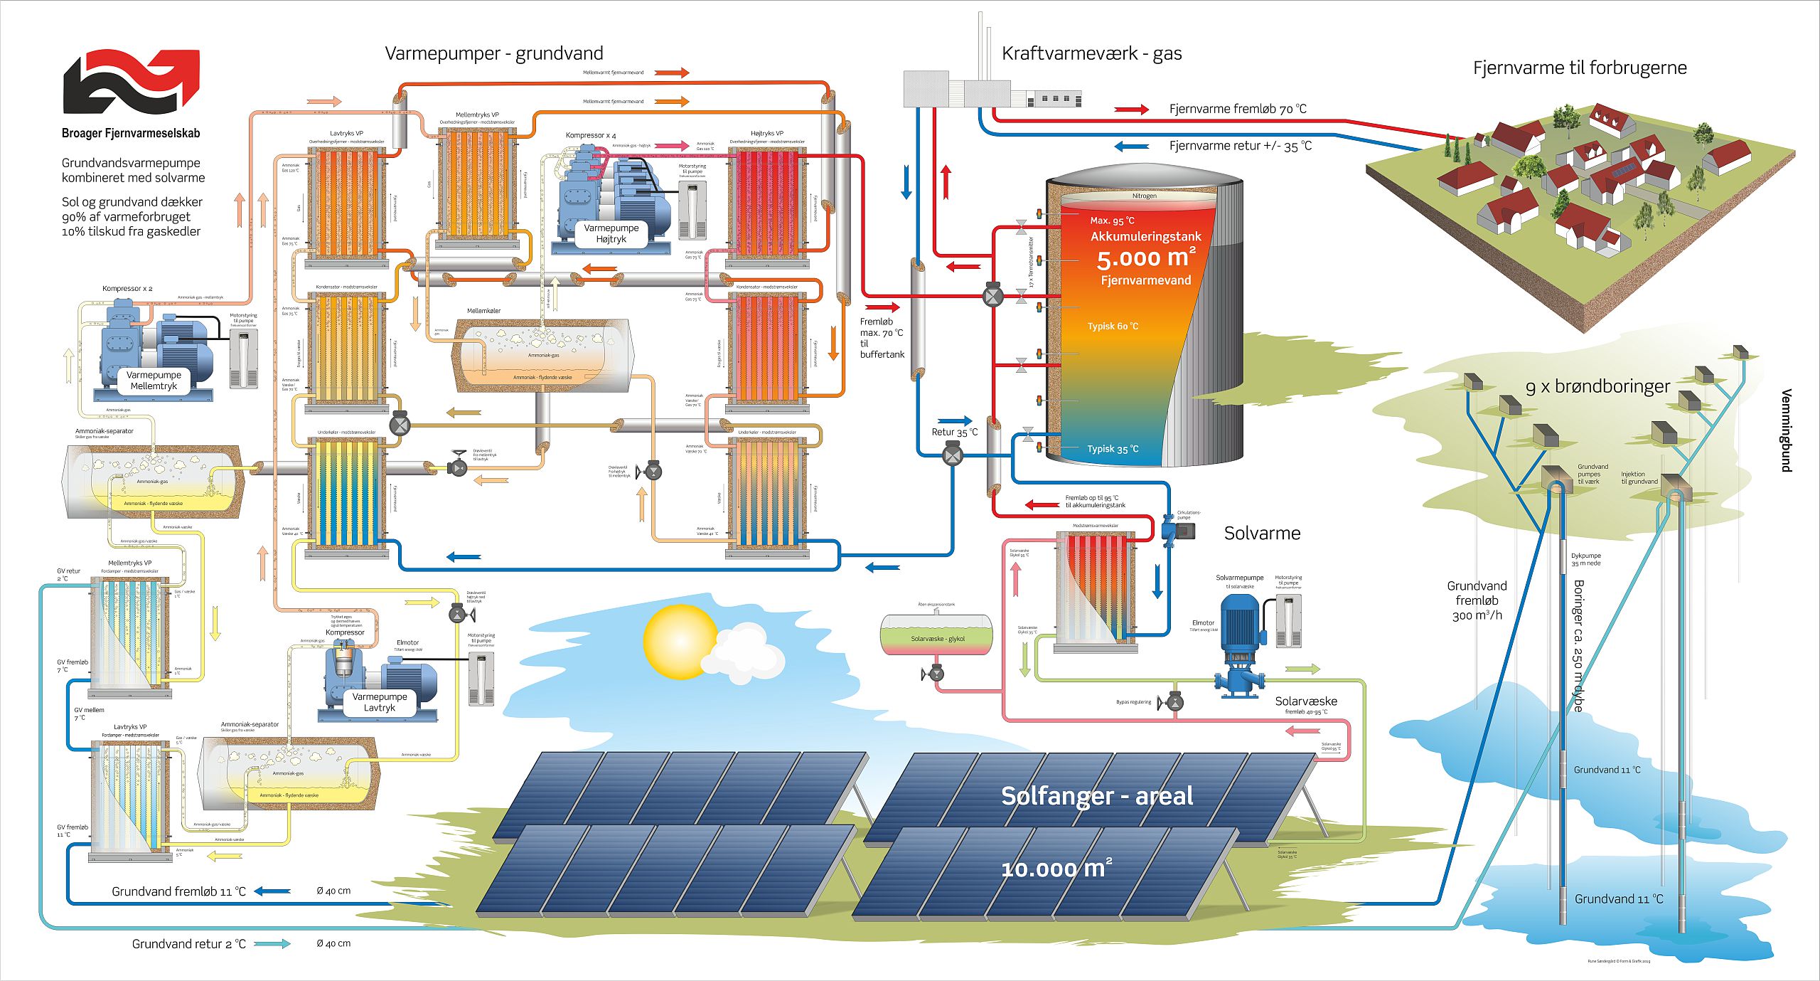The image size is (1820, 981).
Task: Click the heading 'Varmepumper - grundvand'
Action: [494, 53]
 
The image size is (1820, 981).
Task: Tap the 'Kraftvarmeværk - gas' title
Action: [1091, 53]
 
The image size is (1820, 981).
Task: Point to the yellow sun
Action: [680, 641]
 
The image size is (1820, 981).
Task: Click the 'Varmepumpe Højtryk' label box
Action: [611, 233]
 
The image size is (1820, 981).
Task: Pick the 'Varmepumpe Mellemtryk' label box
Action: [154, 380]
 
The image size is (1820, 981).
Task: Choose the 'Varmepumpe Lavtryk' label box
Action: [380, 702]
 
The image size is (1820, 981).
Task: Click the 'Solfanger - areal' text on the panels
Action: [1096, 795]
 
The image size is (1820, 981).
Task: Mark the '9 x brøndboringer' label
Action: [1596, 386]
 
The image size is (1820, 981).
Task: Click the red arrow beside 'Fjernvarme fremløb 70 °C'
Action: [1131, 110]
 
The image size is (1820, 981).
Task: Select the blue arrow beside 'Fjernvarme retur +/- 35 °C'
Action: [1131, 147]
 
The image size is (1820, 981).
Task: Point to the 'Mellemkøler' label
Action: [483, 311]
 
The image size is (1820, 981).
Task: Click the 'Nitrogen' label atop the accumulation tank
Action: [1144, 196]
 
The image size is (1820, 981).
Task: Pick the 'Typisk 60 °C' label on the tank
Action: [1113, 327]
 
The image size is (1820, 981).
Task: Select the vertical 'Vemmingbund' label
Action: [1786, 430]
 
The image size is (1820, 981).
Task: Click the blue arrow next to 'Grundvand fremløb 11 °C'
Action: [272, 891]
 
